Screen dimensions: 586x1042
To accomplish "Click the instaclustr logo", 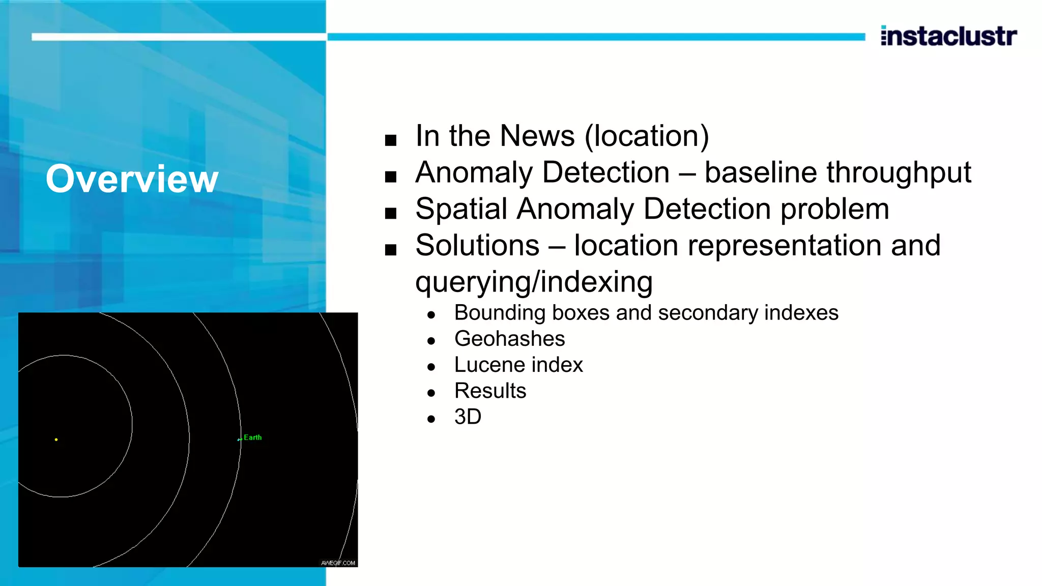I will (948, 36).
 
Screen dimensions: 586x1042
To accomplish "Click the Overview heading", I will (132, 179).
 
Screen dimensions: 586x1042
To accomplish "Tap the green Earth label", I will (252, 437).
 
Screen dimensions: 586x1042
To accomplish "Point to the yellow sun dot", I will (56, 439).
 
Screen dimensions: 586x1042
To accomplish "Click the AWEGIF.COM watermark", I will (338, 563).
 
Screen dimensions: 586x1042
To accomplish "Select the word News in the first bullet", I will (537, 136).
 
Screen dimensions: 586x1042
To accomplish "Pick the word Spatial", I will (461, 209).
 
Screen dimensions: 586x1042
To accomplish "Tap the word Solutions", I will (477, 246).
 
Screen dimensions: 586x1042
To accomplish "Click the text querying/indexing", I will (534, 282).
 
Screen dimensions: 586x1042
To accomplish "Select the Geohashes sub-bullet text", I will (509, 339).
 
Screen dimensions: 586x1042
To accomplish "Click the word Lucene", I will (489, 365).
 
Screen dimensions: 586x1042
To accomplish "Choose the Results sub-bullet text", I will (490, 391).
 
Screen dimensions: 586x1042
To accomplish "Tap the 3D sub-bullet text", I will (468, 417).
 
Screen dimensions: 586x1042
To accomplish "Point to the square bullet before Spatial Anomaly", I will (391, 213).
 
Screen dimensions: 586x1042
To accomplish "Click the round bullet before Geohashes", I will (431, 341).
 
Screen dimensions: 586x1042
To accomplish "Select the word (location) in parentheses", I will (647, 136).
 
